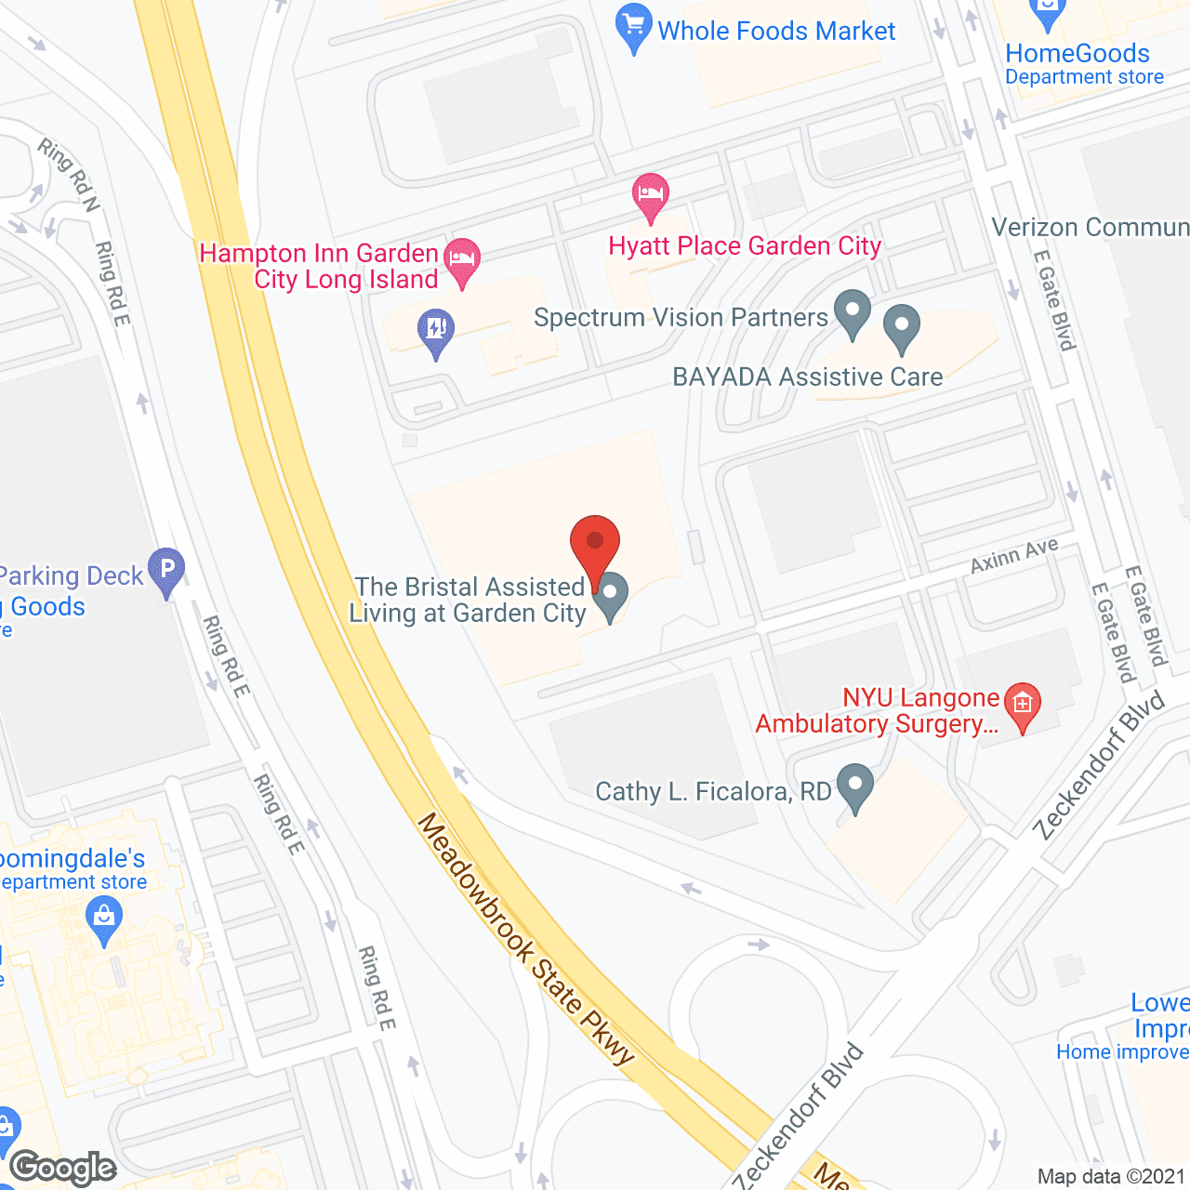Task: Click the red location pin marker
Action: point(595,544)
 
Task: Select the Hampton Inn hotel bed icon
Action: point(462,259)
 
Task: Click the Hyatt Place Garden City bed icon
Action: point(651,194)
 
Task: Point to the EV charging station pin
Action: point(435,330)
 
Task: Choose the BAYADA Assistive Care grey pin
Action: point(901,326)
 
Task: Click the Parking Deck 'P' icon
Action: point(167,569)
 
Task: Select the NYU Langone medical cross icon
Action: point(1023,704)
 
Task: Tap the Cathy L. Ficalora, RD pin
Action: point(854,786)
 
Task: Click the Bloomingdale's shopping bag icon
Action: point(104,919)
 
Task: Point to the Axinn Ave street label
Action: point(1013,556)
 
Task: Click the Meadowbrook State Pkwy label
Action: point(525,938)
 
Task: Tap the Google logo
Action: point(63,1168)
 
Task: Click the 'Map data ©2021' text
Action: point(1112,1176)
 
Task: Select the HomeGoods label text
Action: point(1078,54)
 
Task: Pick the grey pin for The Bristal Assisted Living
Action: point(611,594)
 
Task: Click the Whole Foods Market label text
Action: point(776,32)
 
